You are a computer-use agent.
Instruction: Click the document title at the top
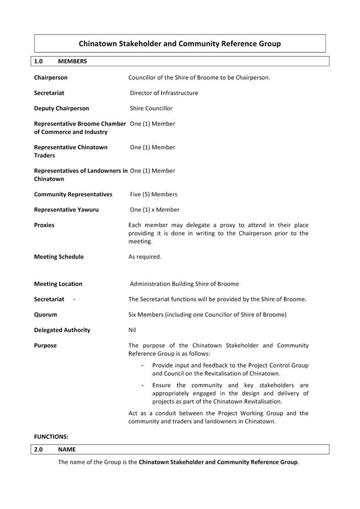pyautogui.click(x=180, y=44)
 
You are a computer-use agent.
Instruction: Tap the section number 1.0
pyautogui.click(x=39, y=61)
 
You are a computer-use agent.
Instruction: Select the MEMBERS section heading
pyautogui.click(x=72, y=61)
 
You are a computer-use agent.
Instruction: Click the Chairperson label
pyautogui.click(x=51, y=78)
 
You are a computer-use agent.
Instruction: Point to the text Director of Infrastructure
pyautogui.click(x=164, y=93)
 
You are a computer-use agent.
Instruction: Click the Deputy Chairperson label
pyautogui.click(x=61, y=109)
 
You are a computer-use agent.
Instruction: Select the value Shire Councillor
pyautogui.click(x=151, y=109)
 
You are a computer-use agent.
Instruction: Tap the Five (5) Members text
pyautogui.click(x=153, y=194)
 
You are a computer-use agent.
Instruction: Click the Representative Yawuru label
pyautogui.click(x=66, y=210)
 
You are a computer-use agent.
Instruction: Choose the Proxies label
pyautogui.click(x=44, y=225)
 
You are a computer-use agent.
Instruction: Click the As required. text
pyautogui.click(x=145, y=256)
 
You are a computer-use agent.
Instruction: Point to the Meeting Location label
pyautogui.click(x=58, y=284)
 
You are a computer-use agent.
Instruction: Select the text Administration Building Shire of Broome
pyautogui.click(x=184, y=284)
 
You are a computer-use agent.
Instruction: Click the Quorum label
pyautogui.click(x=45, y=315)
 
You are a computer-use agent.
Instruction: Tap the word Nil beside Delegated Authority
pyautogui.click(x=132, y=330)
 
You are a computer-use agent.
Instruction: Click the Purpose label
pyautogui.click(x=45, y=346)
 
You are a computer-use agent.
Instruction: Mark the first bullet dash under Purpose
pyautogui.click(x=143, y=365)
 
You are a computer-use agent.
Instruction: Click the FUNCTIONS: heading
pyautogui.click(x=51, y=436)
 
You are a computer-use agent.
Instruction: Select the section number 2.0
pyautogui.click(x=39, y=449)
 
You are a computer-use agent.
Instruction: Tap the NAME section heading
pyautogui.click(x=67, y=449)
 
